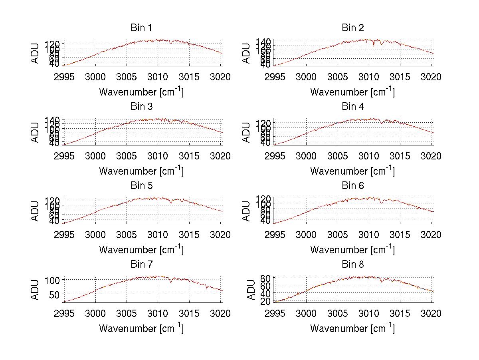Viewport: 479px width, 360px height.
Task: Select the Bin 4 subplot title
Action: pos(352,107)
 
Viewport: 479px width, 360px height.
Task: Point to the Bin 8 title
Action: pos(352,265)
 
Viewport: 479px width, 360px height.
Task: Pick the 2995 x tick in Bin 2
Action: pos(275,77)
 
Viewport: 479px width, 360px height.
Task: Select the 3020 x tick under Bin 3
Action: pos(221,156)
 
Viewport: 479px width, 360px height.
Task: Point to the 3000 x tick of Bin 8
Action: pos(307,314)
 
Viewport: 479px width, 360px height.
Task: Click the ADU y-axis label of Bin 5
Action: pos(36,211)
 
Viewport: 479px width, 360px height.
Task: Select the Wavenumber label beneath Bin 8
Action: pos(352,328)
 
